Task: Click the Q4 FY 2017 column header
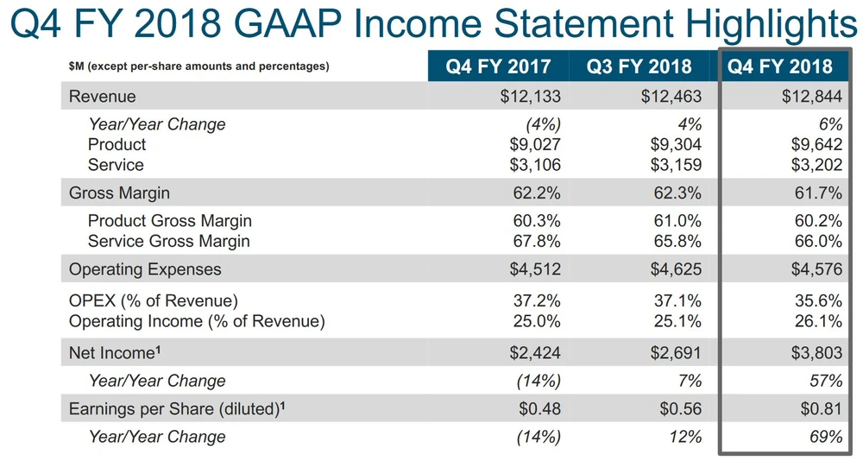498,66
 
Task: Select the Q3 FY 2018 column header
639,66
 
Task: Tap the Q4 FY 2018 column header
780,66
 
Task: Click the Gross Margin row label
119,193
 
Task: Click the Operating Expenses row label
145,269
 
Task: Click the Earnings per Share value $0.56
678,408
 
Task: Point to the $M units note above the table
198,66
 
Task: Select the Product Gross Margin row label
170,221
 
